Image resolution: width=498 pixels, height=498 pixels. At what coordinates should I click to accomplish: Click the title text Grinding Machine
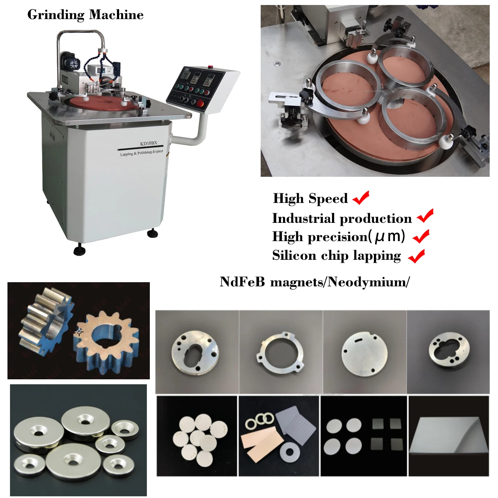(85, 15)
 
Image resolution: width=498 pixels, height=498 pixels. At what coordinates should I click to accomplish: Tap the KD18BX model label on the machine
(149, 144)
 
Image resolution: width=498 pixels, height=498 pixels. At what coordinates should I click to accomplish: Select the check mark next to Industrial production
(425, 216)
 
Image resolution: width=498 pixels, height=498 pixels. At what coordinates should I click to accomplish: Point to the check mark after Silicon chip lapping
(417, 256)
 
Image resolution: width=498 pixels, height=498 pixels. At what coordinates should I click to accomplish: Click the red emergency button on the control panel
(200, 104)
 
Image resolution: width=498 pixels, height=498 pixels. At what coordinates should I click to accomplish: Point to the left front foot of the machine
(79, 251)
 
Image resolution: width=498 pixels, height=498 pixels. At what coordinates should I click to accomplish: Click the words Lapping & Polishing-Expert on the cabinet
(142, 153)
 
